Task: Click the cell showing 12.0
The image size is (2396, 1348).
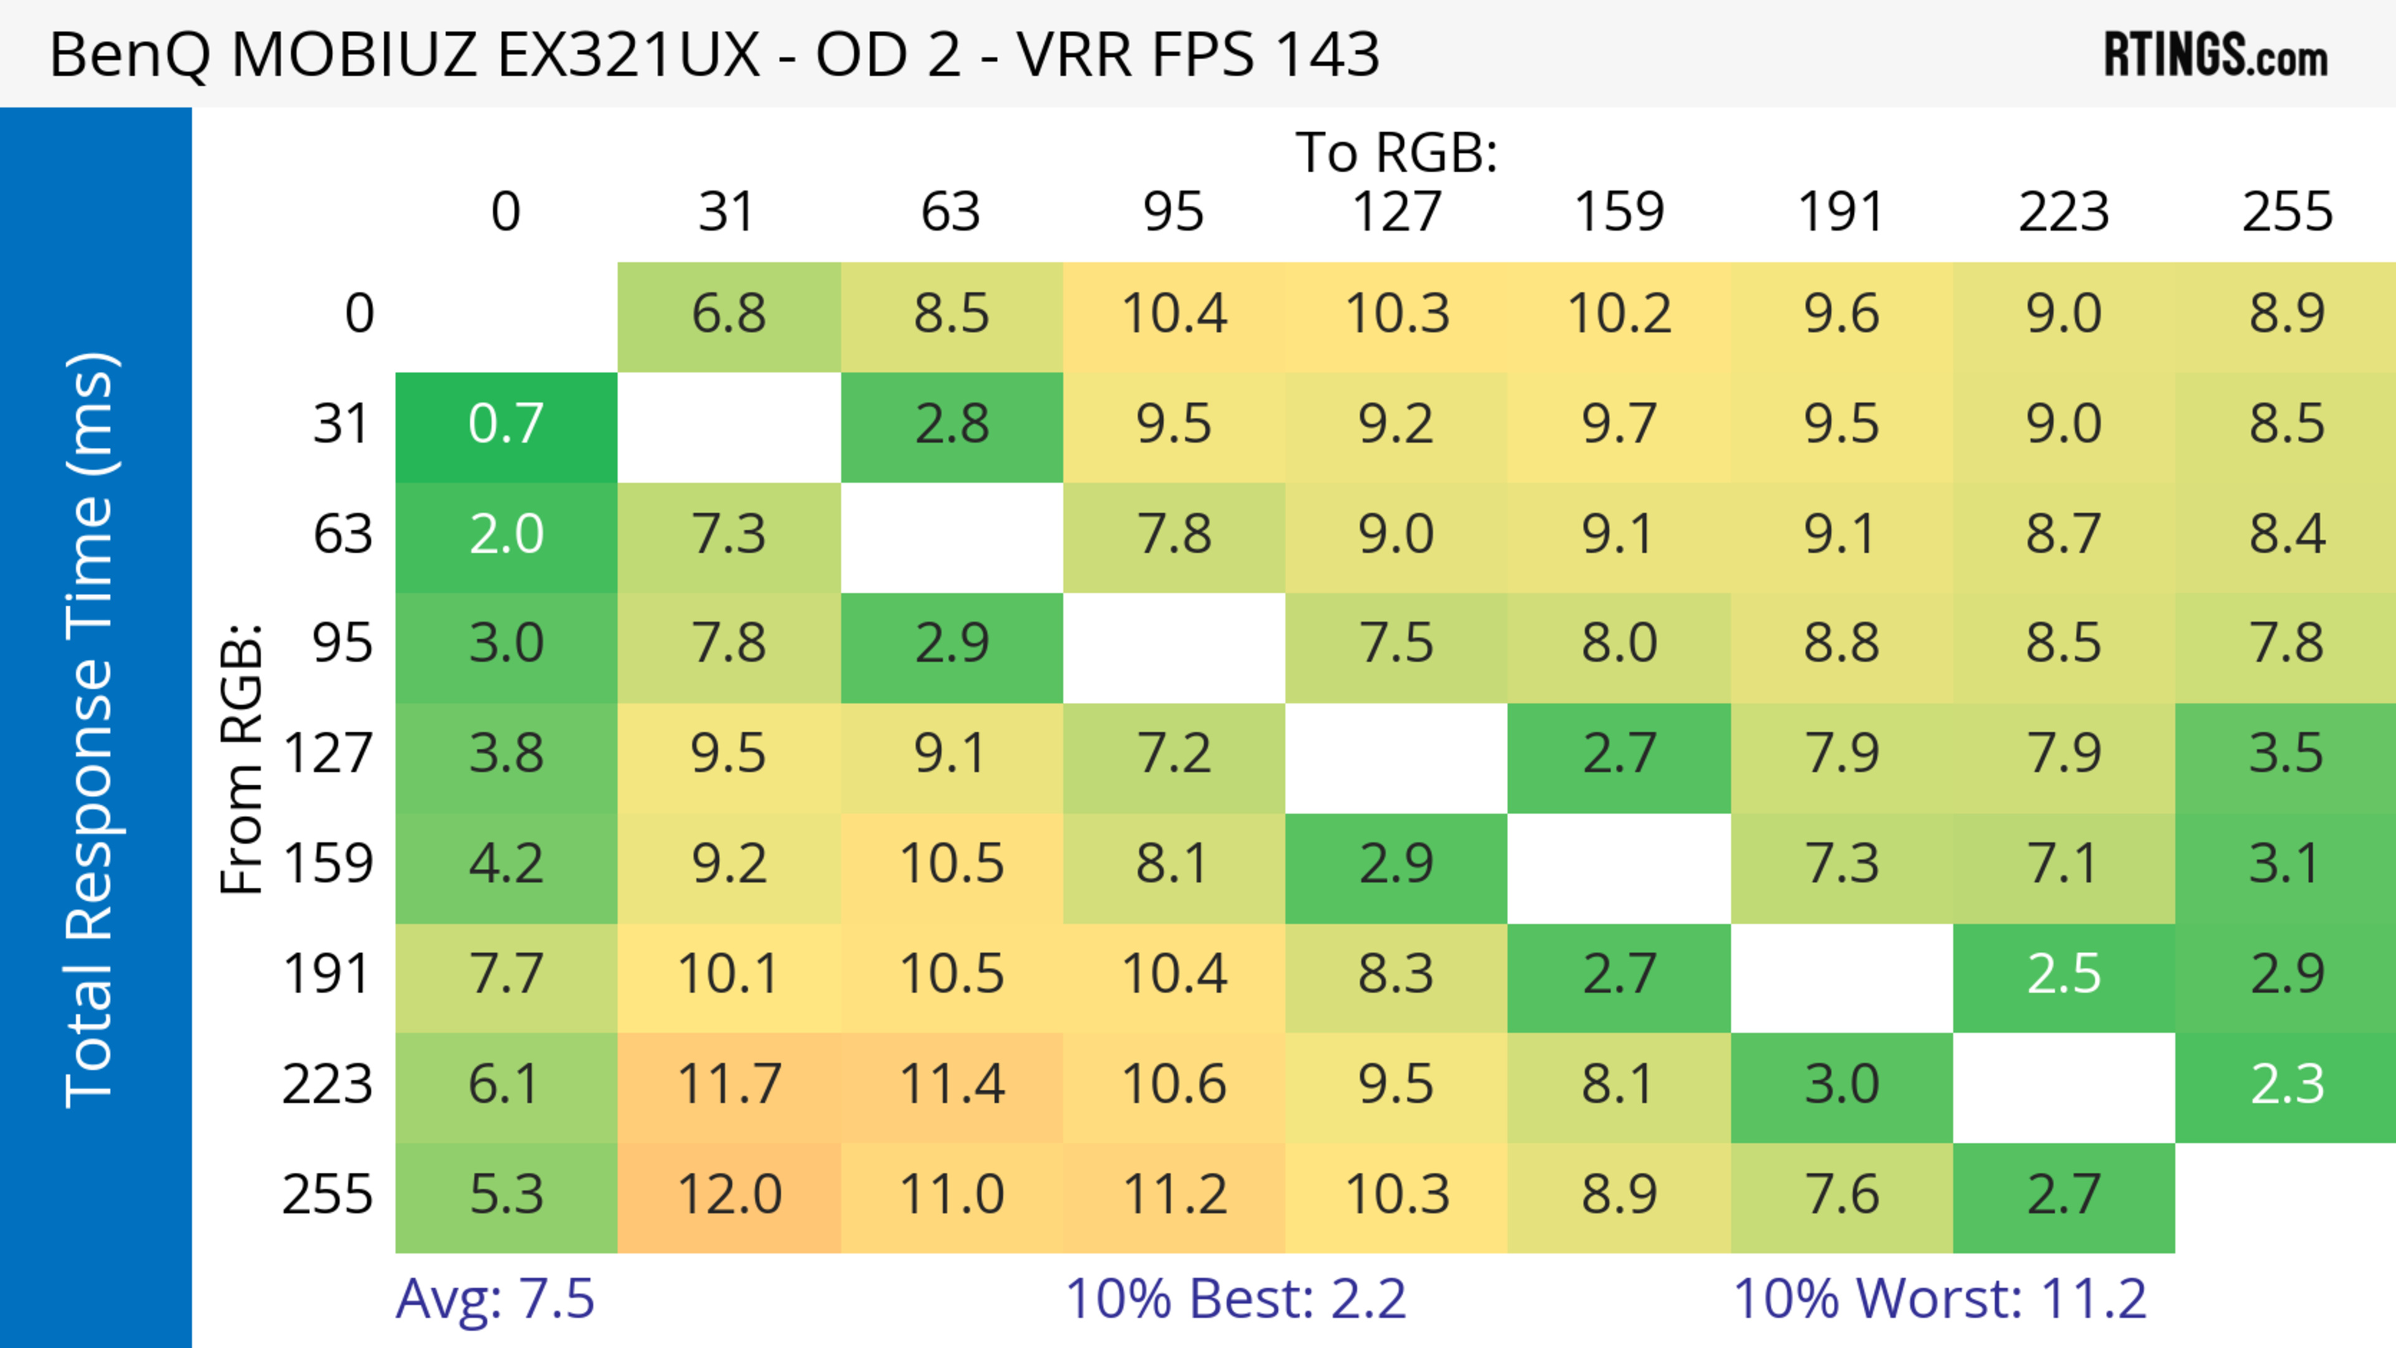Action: pyautogui.click(x=729, y=1195)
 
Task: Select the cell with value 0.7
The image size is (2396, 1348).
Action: pyautogui.click(x=506, y=425)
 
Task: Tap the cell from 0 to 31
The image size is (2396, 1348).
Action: pyautogui.click(x=729, y=314)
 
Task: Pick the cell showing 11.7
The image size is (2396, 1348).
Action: pyautogui.click(x=729, y=1085)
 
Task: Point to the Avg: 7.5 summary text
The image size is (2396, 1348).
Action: pyautogui.click(x=495, y=1298)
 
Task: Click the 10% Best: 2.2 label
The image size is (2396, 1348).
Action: pyautogui.click(x=1235, y=1298)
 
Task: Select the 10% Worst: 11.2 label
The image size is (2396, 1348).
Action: pyautogui.click(x=1939, y=1298)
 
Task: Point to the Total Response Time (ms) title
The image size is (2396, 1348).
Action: pyautogui.click(x=91, y=730)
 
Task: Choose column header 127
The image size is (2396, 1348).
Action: pyautogui.click(x=1396, y=212)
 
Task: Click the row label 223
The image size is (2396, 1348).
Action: pyautogui.click(x=328, y=1085)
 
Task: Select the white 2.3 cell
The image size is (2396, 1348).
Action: pyautogui.click(x=2286, y=1085)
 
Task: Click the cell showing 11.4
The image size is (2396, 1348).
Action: pyautogui.click(x=952, y=1085)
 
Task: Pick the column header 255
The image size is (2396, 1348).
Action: pyautogui.click(x=2286, y=212)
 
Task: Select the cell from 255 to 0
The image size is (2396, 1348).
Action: pyautogui.click(x=506, y=1195)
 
